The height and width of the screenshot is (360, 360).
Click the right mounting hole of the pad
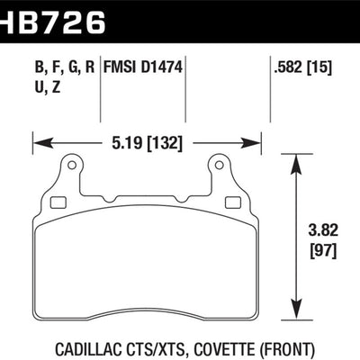tap(217, 165)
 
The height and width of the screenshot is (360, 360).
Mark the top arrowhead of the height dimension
tap(299, 158)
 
